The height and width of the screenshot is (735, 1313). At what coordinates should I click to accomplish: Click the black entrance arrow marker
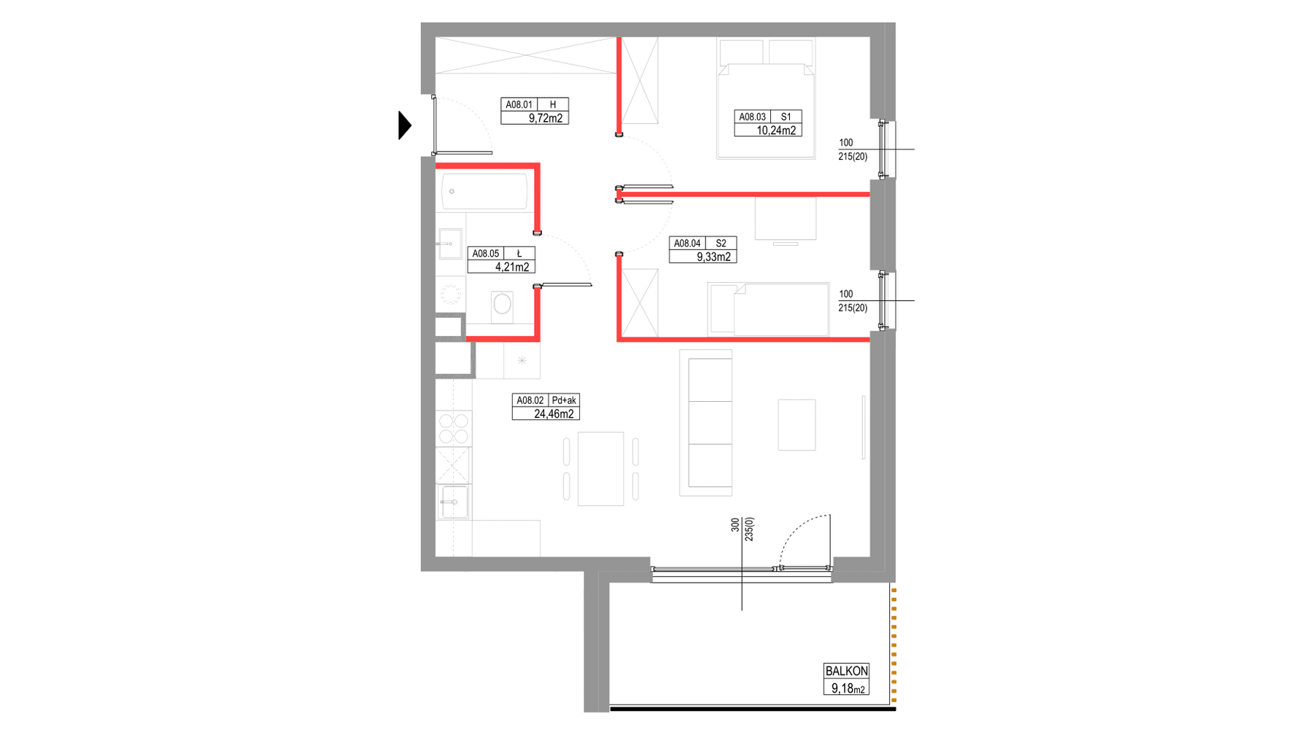coord(404,125)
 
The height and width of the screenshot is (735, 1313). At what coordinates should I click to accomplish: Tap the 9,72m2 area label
coord(546,118)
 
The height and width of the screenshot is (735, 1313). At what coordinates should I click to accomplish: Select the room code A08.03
coord(752,117)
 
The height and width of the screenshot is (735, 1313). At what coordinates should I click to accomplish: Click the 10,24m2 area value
coord(776,131)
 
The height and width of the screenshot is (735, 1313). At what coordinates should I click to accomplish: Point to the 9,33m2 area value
coord(713,257)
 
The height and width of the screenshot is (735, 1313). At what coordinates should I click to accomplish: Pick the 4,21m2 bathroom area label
coord(512,267)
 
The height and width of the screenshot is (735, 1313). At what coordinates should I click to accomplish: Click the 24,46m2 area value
coord(554,413)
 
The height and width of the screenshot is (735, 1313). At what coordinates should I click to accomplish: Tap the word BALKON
coord(846,671)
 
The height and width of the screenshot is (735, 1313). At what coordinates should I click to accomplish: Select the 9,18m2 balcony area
coord(848,688)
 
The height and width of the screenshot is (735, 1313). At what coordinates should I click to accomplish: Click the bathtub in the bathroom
coord(484,192)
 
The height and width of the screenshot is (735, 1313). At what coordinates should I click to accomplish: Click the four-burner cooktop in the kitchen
coord(453,428)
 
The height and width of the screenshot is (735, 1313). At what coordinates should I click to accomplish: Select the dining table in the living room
coord(600,469)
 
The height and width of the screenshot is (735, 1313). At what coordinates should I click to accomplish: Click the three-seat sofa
coord(705,423)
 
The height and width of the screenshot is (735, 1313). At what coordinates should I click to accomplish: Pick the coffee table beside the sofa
coord(797,424)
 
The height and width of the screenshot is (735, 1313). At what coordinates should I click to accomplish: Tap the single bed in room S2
coord(768,310)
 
